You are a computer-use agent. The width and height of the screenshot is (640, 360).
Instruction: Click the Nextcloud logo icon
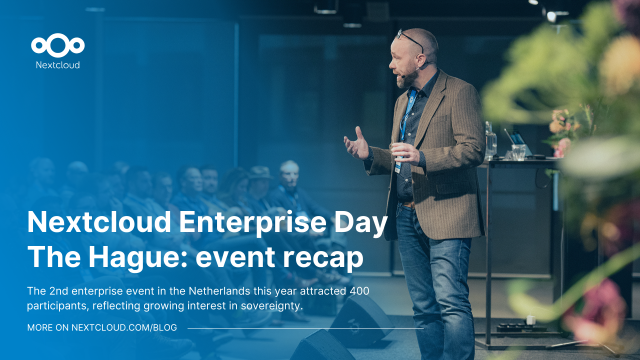point(58,45)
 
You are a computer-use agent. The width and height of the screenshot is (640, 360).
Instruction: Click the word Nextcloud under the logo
point(58,66)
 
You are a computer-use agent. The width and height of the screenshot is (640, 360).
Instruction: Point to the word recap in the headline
point(319,257)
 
